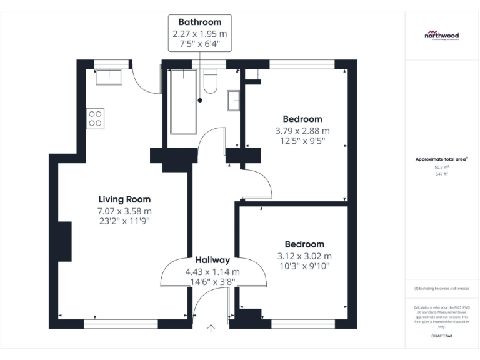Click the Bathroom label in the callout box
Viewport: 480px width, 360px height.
200,22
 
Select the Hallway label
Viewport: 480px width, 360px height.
212,260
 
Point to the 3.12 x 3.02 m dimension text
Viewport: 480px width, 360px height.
304,256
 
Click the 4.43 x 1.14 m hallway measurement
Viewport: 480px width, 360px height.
212,272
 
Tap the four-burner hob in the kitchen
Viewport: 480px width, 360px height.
96,118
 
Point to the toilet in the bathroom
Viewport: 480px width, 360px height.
210,81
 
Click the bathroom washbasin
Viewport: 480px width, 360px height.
234,101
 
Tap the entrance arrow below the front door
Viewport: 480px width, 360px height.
211,327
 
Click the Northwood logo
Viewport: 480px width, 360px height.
442,34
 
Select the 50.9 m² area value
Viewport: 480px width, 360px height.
442,167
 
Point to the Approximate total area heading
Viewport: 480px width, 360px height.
441,159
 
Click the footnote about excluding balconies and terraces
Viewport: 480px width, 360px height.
442,289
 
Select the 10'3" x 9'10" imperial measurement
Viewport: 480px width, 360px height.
304,266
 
